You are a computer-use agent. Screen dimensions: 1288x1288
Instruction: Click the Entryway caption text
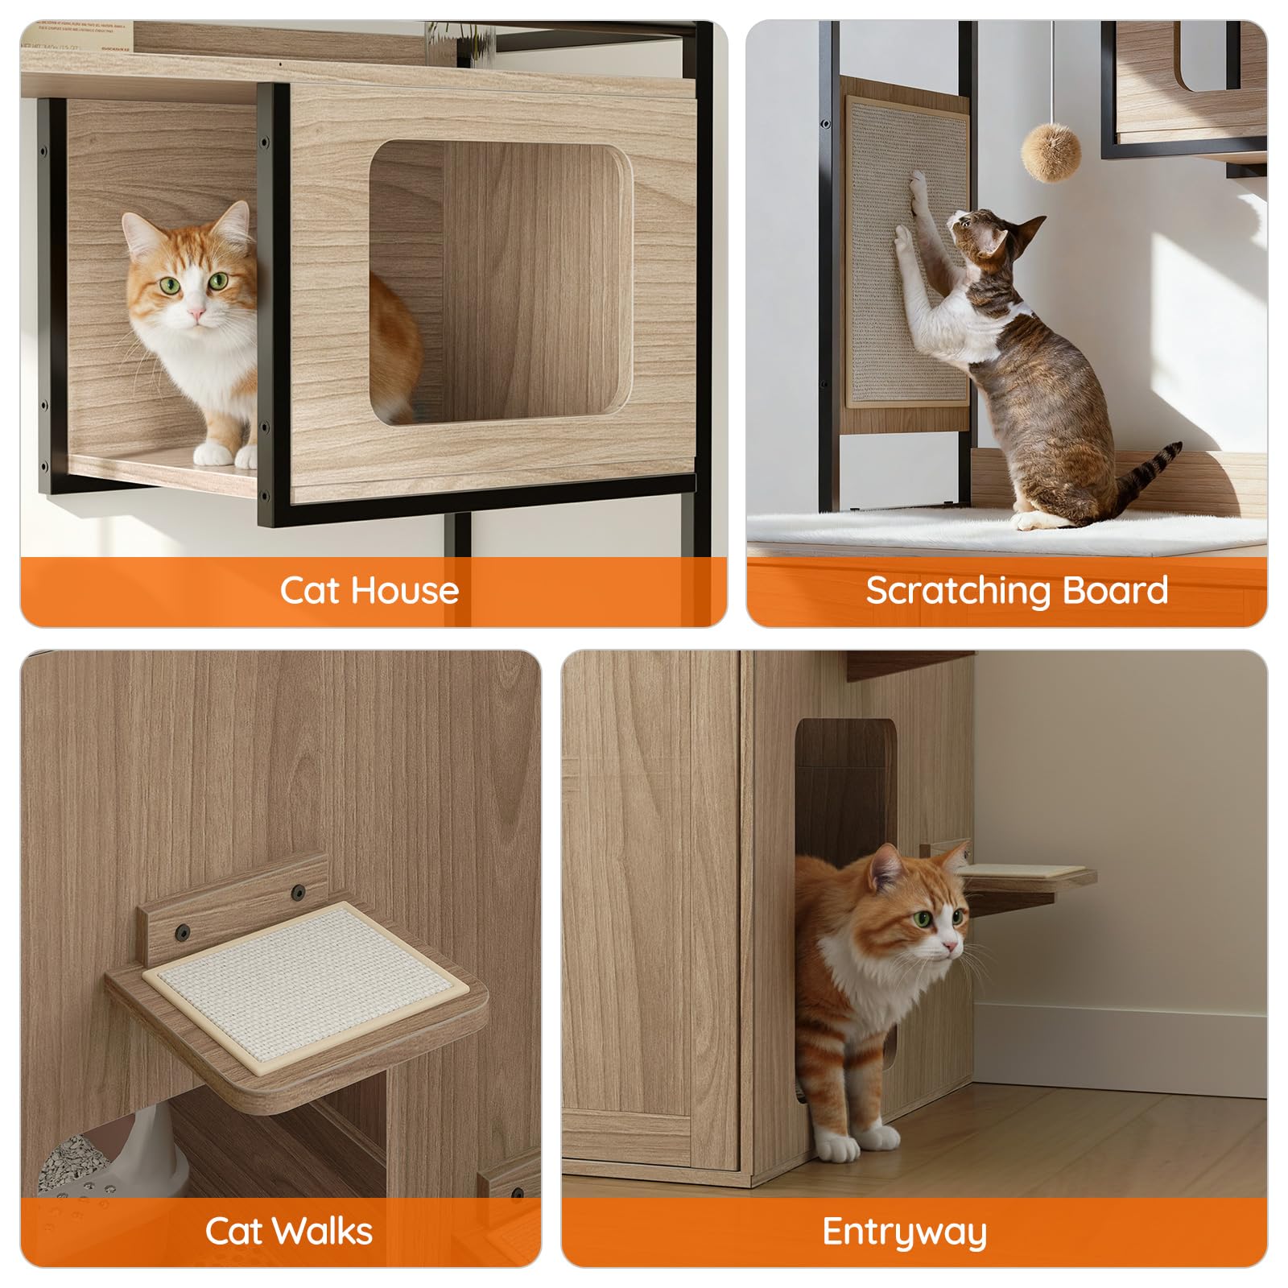(x=904, y=1232)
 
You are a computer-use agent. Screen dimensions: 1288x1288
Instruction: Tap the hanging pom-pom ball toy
(x=1051, y=152)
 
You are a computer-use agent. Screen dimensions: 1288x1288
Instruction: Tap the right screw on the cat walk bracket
(x=299, y=892)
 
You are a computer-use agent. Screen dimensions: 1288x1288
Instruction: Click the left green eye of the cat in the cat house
(x=170, y=284)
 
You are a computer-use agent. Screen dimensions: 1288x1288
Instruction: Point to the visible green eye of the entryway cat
(x=921, y=918)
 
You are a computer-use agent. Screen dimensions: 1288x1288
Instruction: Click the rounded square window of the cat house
(x=499, y=282)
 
